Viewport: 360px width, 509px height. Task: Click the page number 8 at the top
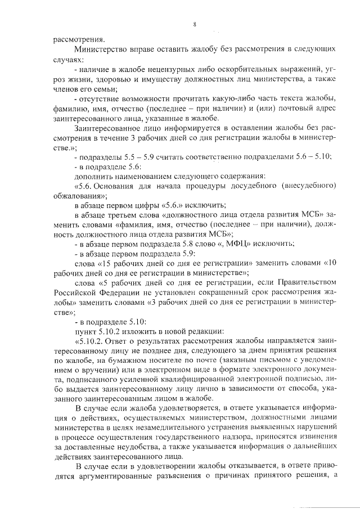point(194,24)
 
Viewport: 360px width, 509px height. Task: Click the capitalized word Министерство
point(102,49)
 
